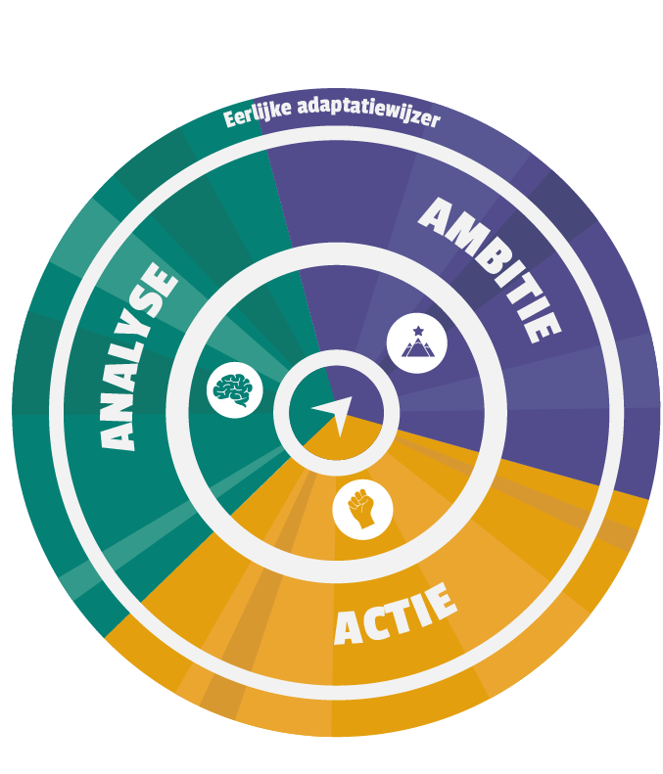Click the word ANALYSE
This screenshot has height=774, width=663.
(137, 356)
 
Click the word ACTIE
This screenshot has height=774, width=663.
(396, 615)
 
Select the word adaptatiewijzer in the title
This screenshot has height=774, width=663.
(368, 112)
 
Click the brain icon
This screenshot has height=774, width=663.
(233, 390)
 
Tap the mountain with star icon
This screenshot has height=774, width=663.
(417, 342)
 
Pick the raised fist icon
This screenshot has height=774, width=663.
(361, 509)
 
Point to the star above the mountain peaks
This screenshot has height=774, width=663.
(418, 330)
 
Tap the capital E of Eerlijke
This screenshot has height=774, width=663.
(230, 120)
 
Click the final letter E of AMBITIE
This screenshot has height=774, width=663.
(543, 326)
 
